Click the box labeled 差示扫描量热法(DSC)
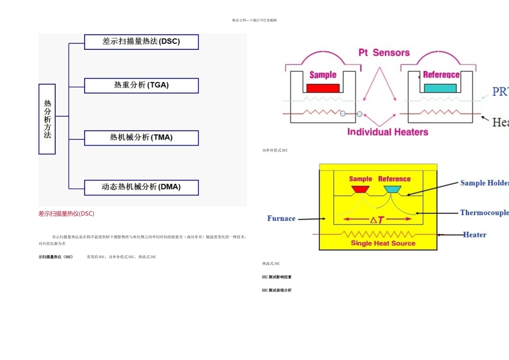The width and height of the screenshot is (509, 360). (141, 42)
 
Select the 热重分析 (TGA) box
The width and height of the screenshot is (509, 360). (141, 85)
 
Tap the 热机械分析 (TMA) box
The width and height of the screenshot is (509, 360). (141, 138)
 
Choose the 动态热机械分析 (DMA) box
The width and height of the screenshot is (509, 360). (141, 187)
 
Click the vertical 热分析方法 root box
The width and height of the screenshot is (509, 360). (47, 119)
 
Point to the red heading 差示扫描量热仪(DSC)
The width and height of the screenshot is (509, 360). (66, 214)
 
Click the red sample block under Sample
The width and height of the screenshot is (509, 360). (323, 88)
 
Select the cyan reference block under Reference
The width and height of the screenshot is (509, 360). (441, 88)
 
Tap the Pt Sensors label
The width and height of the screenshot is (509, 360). (384, 52)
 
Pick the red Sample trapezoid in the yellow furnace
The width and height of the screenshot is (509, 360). (360, 189)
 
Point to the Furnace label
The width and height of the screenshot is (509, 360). (281, 219)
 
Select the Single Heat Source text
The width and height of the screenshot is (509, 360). (383, 243)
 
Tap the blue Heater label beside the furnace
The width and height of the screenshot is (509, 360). (475, 235)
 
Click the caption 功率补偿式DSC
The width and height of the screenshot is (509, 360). (275, 151)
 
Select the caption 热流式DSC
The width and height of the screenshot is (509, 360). (271, 264)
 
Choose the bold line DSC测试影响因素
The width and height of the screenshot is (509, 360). (276, 277)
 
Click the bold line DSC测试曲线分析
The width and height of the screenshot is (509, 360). (276, 290)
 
